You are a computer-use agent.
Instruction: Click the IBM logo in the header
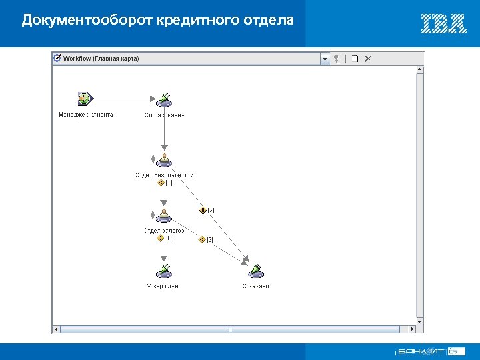point(443,23)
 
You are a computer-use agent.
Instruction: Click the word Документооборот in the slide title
point(88,20)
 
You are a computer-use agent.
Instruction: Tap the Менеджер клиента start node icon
point(85,99)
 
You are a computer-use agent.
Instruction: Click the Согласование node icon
point(164,100)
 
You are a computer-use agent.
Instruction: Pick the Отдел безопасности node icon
point(164,161)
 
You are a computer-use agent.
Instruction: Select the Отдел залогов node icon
point(163,216)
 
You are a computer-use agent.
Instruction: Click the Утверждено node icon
point(164,271)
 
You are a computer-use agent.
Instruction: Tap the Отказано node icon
point(255,271)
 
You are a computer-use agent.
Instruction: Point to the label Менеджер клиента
point(86,115)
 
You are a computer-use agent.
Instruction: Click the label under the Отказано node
point(255,286)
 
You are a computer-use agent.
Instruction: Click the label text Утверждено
point(164,286)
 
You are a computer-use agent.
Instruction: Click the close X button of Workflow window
point(368,59)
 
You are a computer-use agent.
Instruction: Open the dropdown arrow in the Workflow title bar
point(325,59)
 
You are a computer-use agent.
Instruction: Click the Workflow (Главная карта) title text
point(101,59)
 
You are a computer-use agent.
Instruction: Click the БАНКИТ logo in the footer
point(420,351)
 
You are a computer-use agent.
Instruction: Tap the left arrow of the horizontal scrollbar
point(57,329)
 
